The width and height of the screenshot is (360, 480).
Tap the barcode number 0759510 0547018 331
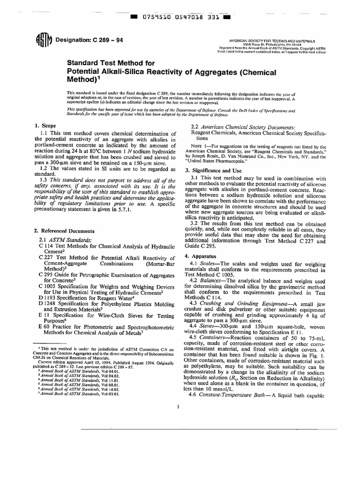(180, 18)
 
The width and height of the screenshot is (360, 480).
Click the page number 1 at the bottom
(180, 406)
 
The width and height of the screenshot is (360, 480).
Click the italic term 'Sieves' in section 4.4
(210, 324)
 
